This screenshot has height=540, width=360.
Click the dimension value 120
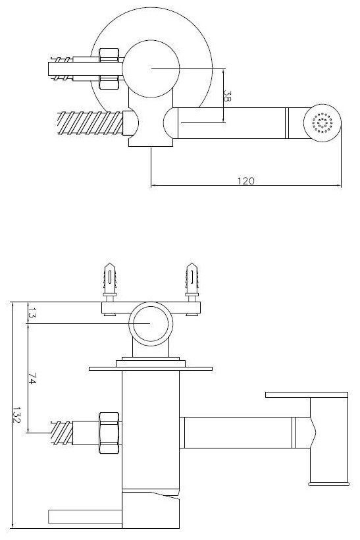tap(245, 181)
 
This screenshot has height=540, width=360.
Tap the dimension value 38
tap(228, 96)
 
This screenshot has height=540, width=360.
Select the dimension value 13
tap(32, 313)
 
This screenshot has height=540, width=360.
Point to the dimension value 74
tap(32, 378)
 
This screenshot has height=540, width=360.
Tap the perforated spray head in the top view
tap(322, 123)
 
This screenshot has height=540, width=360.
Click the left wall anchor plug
tap(110, 279)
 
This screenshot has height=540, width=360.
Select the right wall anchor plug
tap(192, 279)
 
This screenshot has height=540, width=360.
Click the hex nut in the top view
tap(109, 69)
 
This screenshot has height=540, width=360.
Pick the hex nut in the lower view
tap(109, 433)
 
